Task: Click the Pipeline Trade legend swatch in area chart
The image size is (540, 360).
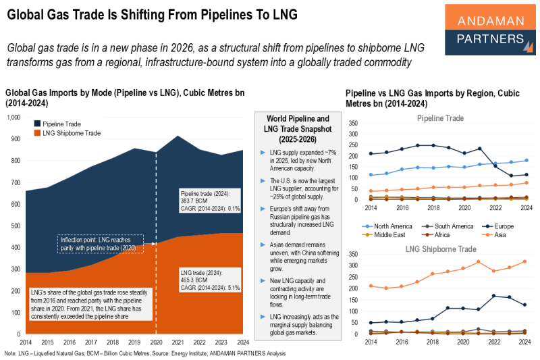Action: [x=37, y=124]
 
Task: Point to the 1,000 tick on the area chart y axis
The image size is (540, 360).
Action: [x=14, y=118]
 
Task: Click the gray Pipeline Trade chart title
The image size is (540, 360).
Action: [x=440, y=118]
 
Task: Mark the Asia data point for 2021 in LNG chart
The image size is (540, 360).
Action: [x=478, y=261]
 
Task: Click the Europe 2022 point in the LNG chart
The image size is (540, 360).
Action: [x=494, y=296]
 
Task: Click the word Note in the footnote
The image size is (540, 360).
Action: [x=11, y=353]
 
